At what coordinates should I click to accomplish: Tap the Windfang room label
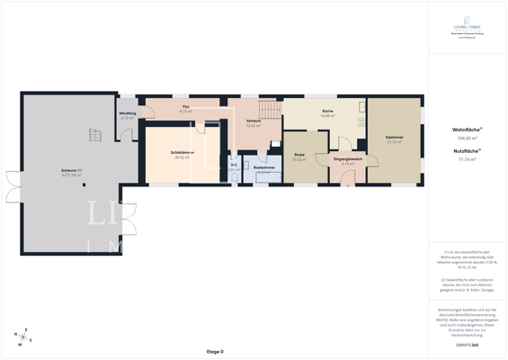(x=127, y=113)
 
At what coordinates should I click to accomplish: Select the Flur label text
(x=185, y=107)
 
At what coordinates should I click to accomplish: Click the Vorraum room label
(x=253, y=121)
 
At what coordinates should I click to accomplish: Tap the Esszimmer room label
(x=395, y=138)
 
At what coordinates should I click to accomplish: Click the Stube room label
(x=299, y=155)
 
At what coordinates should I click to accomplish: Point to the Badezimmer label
(x=263, y=167)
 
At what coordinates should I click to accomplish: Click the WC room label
(x=233, y=165)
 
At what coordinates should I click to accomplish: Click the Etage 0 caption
(x=214, y=351)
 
